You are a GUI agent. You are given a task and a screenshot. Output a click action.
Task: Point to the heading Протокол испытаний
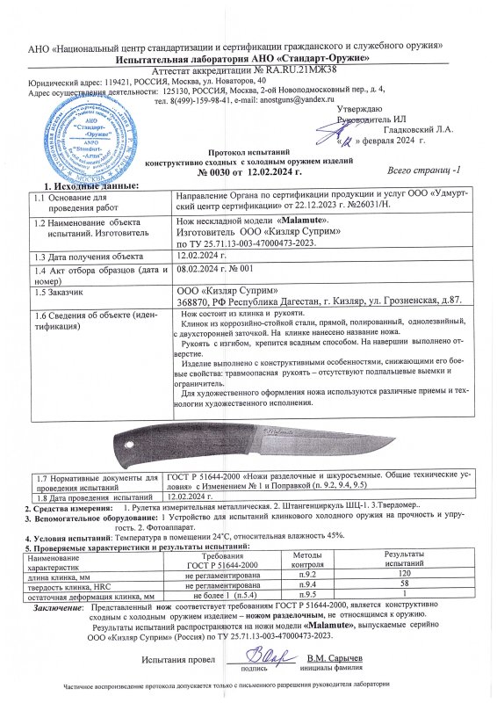coord(248,151)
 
